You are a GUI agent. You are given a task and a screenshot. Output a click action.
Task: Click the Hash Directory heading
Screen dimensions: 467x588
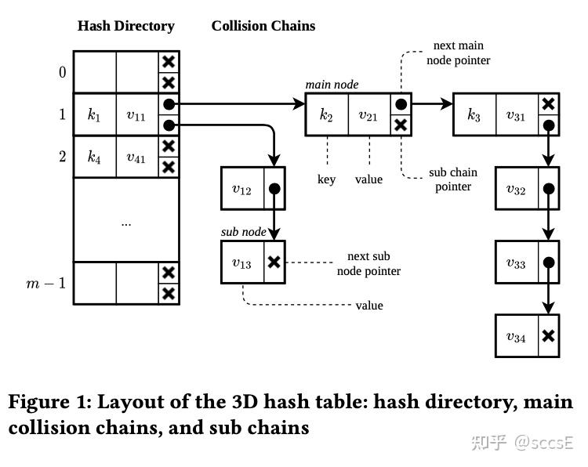[x=125, y=26]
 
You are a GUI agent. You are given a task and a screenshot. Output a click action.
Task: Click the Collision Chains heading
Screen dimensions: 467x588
[x=263, y=26]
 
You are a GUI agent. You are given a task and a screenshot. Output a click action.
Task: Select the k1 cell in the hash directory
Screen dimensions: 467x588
[x=94, y=115]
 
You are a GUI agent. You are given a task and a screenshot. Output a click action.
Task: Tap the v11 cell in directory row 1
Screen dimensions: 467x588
[x=136, y=115]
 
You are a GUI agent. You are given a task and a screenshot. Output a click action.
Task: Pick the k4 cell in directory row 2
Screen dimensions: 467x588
[x=94, y=157]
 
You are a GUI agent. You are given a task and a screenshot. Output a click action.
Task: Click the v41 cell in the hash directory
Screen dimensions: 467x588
[x=136, y=157]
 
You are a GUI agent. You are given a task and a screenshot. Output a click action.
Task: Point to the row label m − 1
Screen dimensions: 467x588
[x=46, y=283]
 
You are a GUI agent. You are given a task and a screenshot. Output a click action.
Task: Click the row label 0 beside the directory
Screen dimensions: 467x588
[x=62, y=73]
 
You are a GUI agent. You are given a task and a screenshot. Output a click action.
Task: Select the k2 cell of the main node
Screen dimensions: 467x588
[x=326, y=115]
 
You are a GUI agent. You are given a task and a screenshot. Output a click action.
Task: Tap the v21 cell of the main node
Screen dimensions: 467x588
[x=368, y=115]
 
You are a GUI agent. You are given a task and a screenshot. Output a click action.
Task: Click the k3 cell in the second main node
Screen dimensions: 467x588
[x=474, y=115]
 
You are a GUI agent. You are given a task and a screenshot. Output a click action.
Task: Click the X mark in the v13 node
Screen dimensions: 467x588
[x=274, y=262]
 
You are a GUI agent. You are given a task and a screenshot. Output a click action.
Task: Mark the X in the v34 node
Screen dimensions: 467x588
[x=549, y=336]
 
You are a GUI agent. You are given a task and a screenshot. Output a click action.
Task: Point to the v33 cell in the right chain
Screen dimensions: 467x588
[x=516, y=263]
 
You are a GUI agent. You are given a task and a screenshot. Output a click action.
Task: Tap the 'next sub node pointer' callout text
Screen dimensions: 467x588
[x=368, y=263]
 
